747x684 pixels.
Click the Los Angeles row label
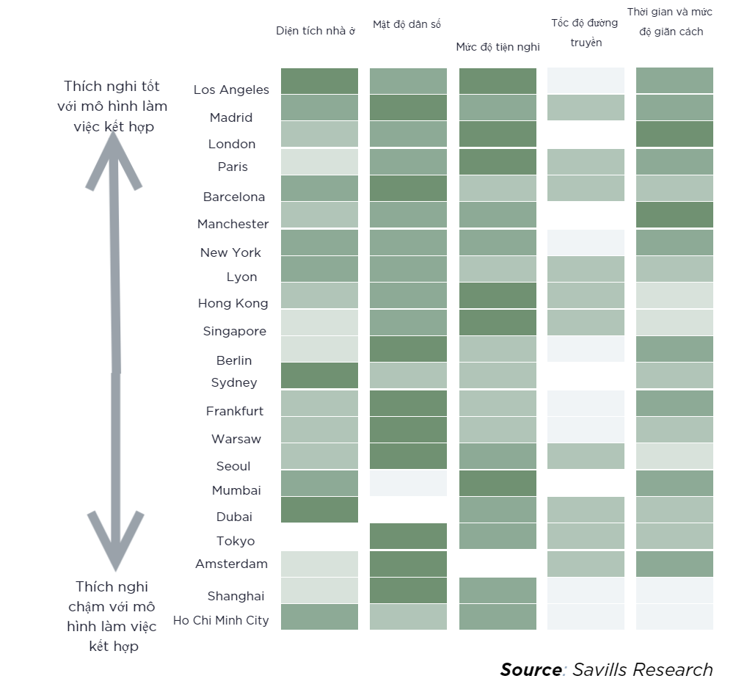click(231, 90)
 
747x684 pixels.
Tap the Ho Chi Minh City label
click(221, 620)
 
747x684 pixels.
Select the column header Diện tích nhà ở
click(316, 31)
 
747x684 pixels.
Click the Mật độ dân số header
click(407, 24)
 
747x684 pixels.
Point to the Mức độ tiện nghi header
click(498, 47)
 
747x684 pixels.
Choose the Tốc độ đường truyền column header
click(585, 32)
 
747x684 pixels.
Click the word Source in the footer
click(531, 669)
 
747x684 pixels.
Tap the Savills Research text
click(642, 669)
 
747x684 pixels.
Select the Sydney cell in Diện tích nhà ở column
click(319, 375)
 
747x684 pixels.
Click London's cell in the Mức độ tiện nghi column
click(498, 134)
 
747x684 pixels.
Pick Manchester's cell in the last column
click(674, 214)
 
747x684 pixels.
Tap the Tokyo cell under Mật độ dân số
click(408, 536)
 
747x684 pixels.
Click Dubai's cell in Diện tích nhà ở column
click(319, 510)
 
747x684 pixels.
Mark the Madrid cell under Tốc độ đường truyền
click(586, 108)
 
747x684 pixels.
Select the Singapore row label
click(235, 331)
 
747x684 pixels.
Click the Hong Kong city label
click(233, 303)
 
